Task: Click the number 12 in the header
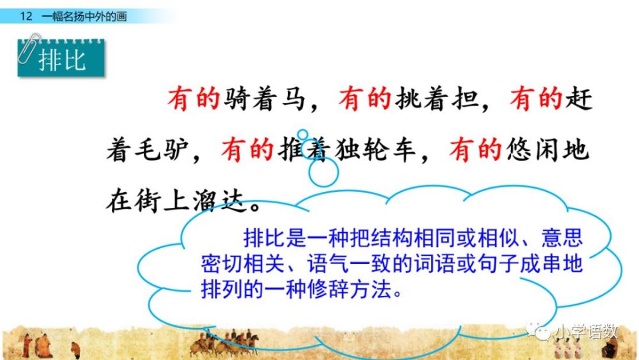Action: coord(26,17)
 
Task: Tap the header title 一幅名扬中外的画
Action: coord(84,17)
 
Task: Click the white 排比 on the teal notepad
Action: coord(63,61)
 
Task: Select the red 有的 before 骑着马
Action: coord(194,98)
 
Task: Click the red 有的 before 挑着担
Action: coord(365,98)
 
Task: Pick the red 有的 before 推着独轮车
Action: coord(247,150)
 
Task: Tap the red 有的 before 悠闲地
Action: coord(475,150)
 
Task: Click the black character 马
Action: coord(293,98)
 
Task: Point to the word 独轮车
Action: coord(375,150)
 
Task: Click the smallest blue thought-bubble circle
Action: coord(302,134)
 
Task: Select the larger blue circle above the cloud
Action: coord(323,171)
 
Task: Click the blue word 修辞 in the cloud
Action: coord(328,290)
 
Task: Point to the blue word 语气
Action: coord(328,263)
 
